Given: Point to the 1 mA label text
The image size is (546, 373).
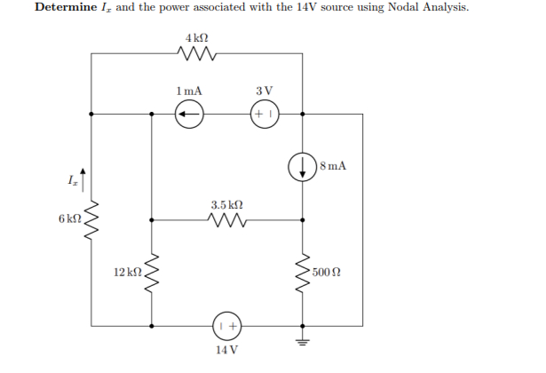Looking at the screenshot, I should (x=189, y=92).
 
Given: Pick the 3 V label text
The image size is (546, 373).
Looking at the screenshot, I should (x=264, y=92).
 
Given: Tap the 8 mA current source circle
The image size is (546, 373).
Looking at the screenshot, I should (x=302, y=166).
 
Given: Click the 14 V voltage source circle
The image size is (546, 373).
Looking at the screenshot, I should (x=227, y=325).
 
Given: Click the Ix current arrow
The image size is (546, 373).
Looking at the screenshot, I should (x=84, y=174).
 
